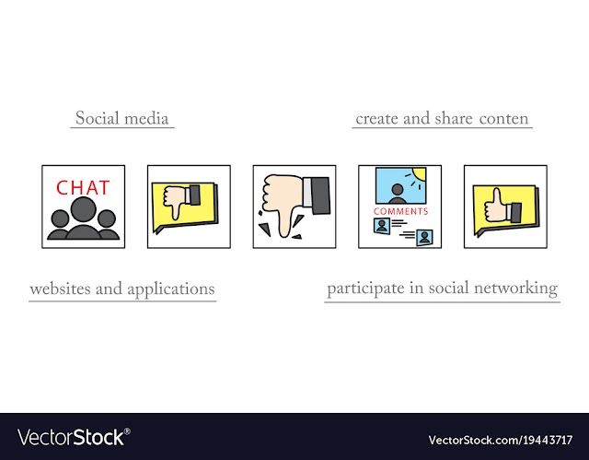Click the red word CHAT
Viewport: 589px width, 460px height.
[x=83, y=188]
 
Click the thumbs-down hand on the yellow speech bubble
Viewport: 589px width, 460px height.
[x=181, y=201]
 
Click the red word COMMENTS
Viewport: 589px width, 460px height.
[x=401, y=211]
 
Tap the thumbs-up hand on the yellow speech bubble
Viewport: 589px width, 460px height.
[x=502, y=207]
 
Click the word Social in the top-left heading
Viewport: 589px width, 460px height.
[x=98, y=118]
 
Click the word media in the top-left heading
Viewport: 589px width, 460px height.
[x=146, y=119]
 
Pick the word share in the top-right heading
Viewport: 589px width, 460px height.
[x=454, y=119]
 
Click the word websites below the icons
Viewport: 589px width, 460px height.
[x=61, y=289]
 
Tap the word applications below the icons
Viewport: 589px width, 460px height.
[x=171, y=289]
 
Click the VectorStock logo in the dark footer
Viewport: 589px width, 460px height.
[x=74, y=437]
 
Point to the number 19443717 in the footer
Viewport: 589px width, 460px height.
[x=548, y=440]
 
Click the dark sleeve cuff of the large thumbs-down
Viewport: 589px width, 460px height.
[x=320, y=195]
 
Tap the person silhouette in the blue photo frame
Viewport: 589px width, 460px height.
[x=397, y=194]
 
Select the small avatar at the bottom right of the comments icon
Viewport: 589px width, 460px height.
[x=424, y=238]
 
